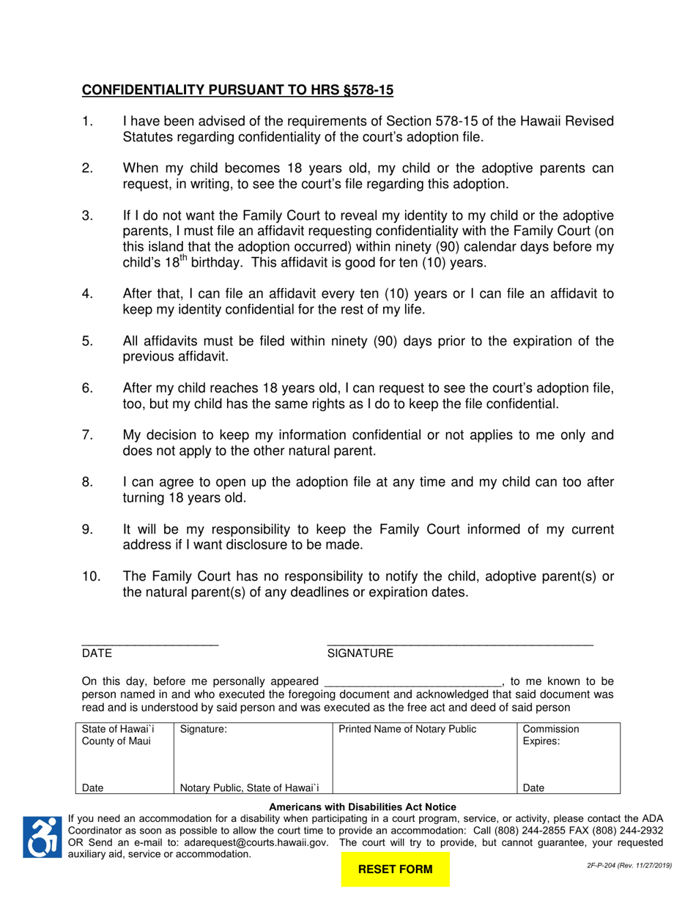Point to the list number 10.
click(91, 576)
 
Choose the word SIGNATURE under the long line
click(360, 653)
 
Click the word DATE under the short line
click(96, 653)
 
